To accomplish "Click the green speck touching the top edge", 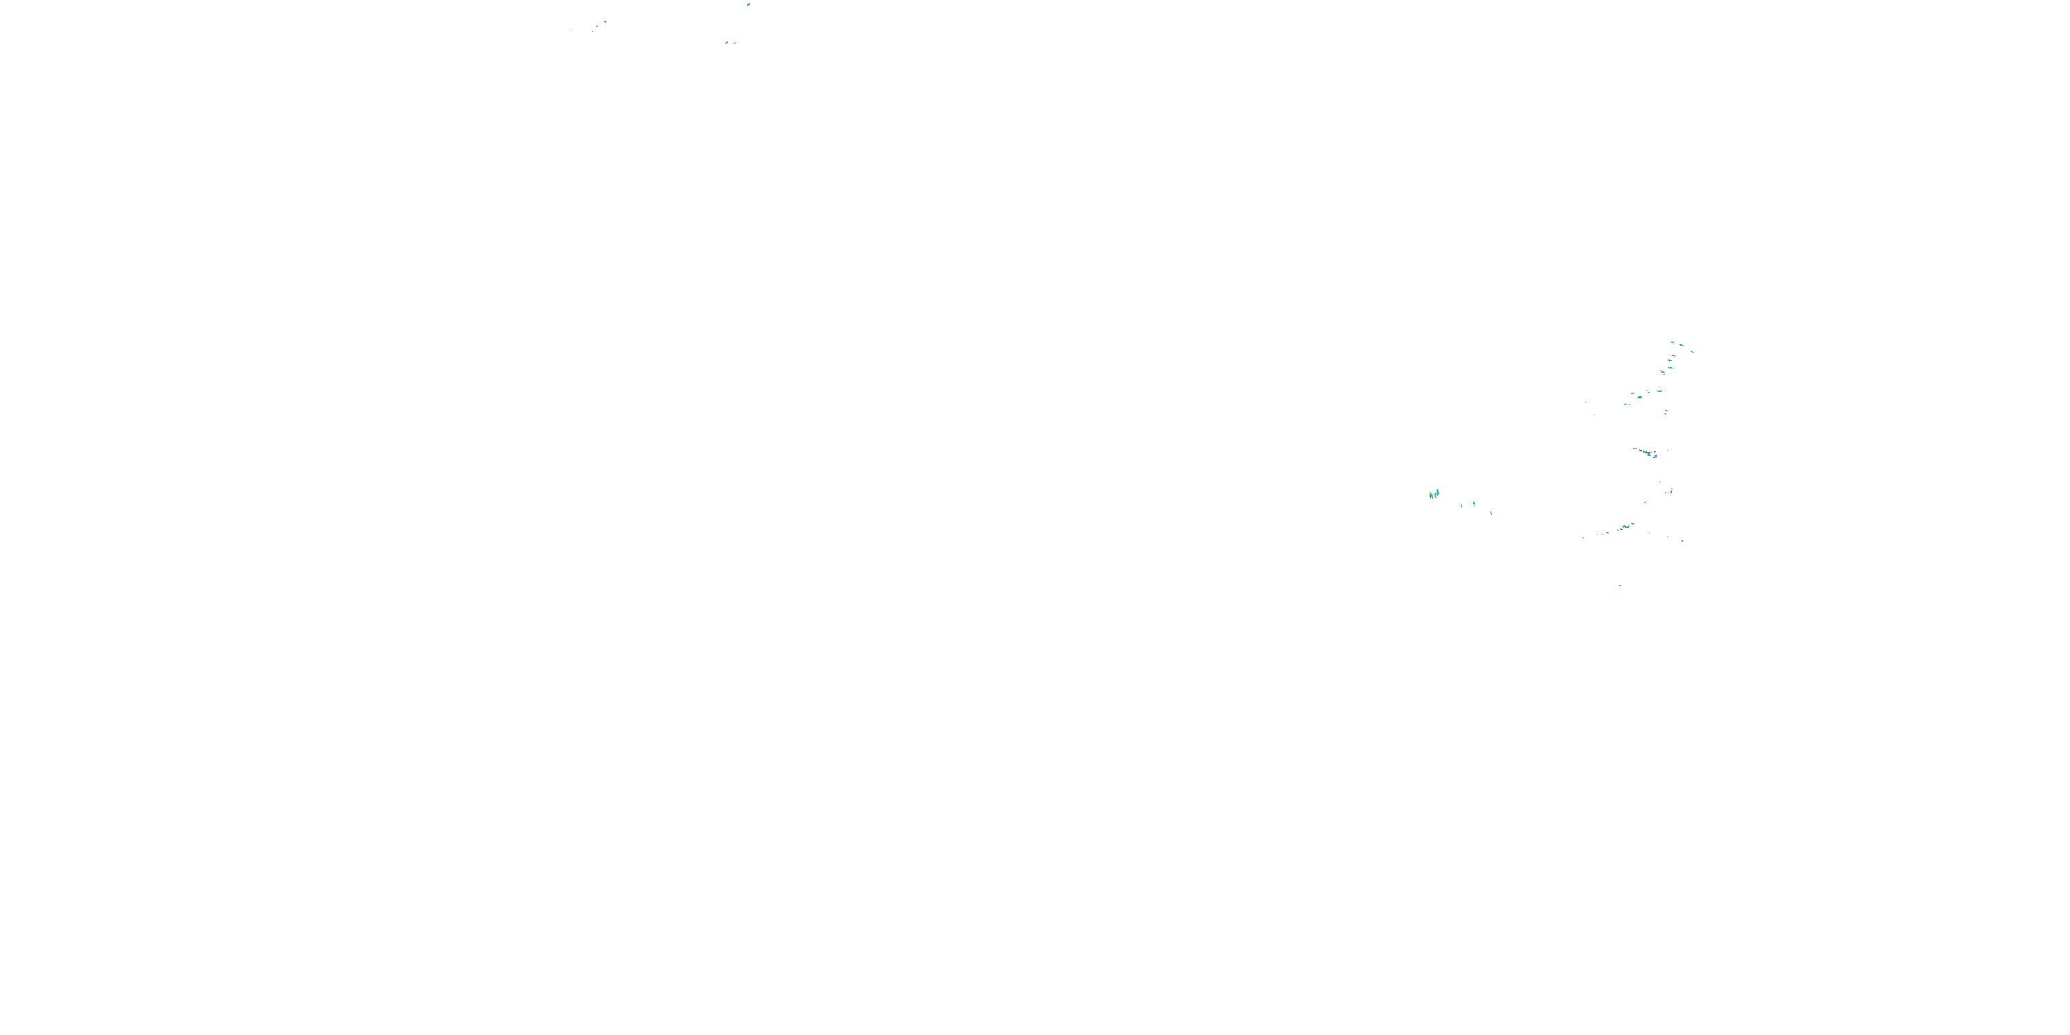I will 749,4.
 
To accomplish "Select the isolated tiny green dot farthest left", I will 571,30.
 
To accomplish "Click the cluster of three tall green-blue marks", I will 1434,494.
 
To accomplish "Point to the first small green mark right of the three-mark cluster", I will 1463,506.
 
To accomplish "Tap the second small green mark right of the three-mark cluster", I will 1474,504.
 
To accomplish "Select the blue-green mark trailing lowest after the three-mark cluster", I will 1491,513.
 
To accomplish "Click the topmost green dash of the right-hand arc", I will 1673,342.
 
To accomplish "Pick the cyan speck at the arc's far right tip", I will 1693,351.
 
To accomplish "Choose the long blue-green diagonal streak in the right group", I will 1644,453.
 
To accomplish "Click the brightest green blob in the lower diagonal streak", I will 1625,527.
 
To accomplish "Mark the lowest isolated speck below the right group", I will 1619,586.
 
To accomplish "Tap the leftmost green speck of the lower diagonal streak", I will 1583,538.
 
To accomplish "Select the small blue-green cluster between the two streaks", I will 1670,492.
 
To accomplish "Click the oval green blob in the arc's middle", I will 1639,397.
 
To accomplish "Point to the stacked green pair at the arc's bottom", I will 1666,412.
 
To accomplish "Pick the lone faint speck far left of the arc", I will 1586,402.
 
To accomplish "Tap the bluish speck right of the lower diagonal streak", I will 1682,541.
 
